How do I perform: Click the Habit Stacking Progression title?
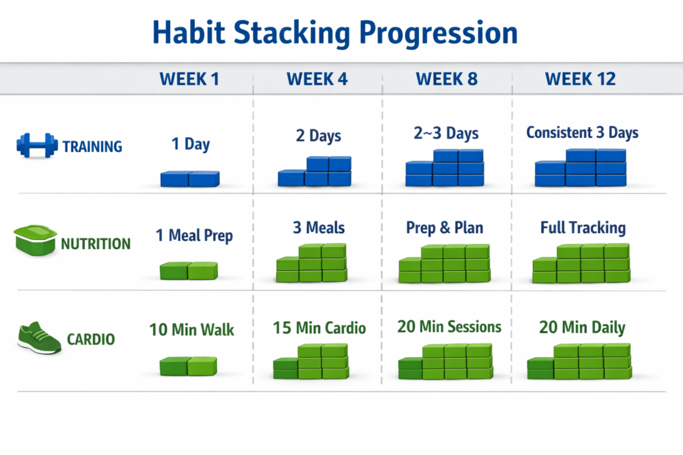tap(335, 34)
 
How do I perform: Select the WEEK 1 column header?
tap(189, 79)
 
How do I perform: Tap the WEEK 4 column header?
tap(317, 79)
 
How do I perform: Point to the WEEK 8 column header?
tap(446, 79)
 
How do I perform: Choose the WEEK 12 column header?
tap(580, 79)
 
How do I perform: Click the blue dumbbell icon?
tap(37, 146)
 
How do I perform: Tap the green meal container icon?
tap(35, 240)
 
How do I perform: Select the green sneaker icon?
tap(39, 338)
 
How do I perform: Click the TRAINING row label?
tap(92, 147)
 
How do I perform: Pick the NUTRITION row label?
tap(95, 244)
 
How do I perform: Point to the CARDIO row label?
tap(91, 339)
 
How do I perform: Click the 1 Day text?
tap(190, 144)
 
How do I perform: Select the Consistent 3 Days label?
tap(582, 133)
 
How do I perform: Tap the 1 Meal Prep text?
tap(194, 236)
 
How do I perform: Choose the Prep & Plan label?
tap(444, 228)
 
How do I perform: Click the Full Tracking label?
tap(583, 228)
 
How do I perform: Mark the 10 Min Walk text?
tap(191, 330)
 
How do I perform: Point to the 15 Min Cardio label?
tap(319, 328)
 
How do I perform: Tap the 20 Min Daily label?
tap(582, 327)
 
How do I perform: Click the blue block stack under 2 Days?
tap(315, 171)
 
